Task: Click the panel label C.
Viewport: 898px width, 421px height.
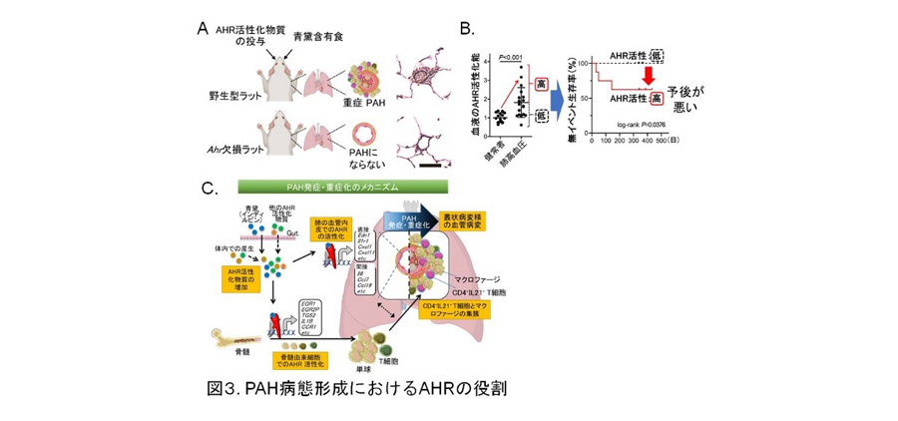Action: (x=208, y=188)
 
